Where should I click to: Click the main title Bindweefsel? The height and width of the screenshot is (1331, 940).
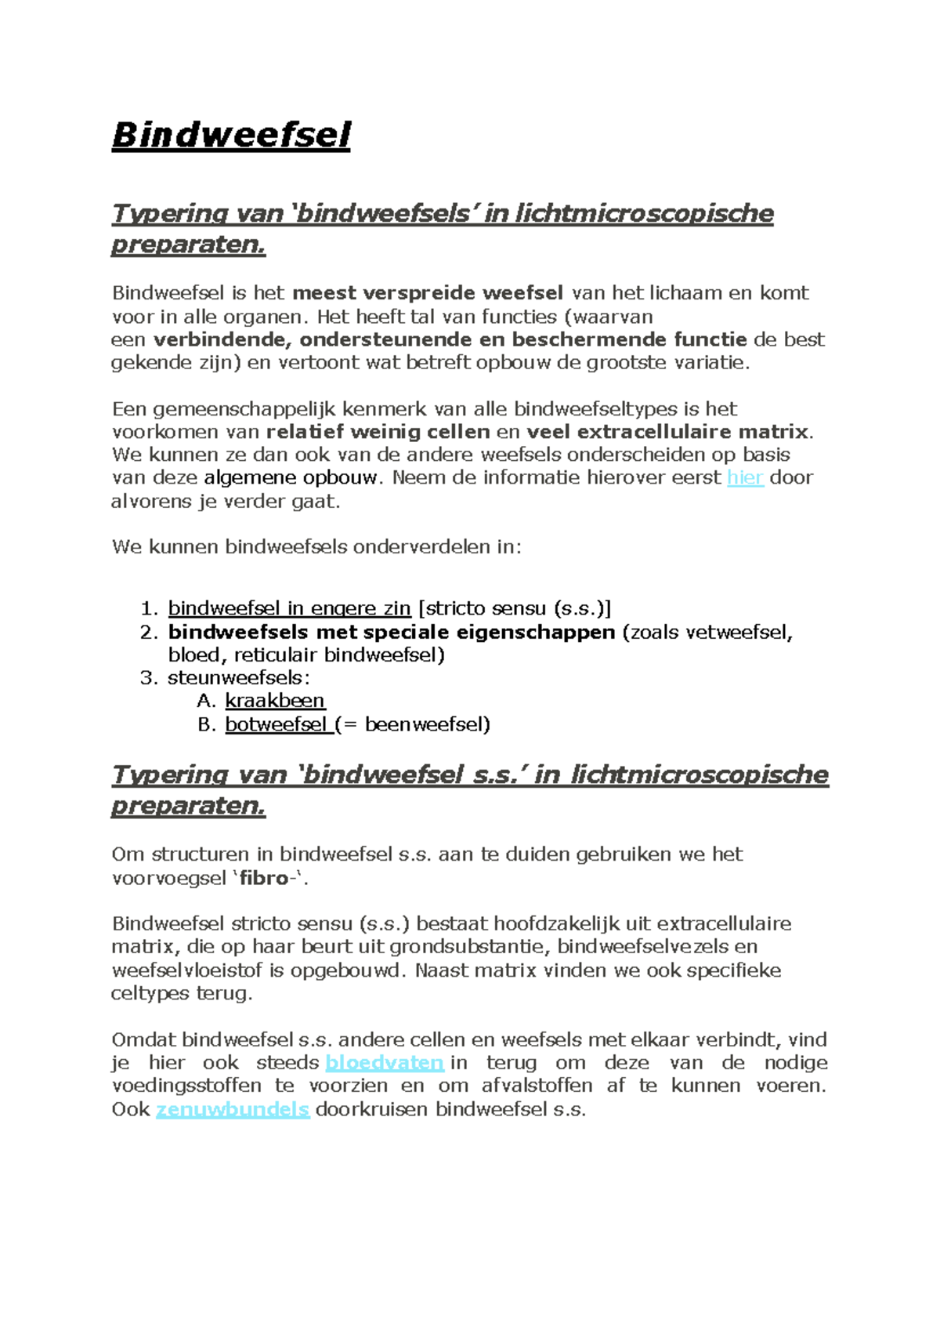[231, 135]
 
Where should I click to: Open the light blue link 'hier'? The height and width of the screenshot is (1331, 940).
[744, 477]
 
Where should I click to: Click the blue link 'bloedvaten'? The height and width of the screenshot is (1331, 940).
[384, 1063]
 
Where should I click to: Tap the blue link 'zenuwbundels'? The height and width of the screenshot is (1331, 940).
[233, 1109]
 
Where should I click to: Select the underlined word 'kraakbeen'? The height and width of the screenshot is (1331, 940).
[275, 701]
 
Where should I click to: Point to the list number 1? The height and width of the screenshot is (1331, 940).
[149, 609]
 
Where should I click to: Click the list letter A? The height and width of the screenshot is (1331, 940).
[205, 701]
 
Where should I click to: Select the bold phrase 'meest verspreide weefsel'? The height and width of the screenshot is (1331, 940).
[428, 293]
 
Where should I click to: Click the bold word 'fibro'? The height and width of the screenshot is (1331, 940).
[264, 878]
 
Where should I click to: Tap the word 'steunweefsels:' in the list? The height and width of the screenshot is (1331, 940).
[238, 678]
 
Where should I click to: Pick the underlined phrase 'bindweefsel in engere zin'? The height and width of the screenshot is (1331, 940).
[289, 609]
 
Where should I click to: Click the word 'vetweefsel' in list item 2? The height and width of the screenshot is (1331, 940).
[739, 633]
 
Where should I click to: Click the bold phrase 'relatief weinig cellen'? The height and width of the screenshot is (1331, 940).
[378, 432]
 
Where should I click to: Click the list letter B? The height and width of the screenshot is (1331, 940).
[205, 724]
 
